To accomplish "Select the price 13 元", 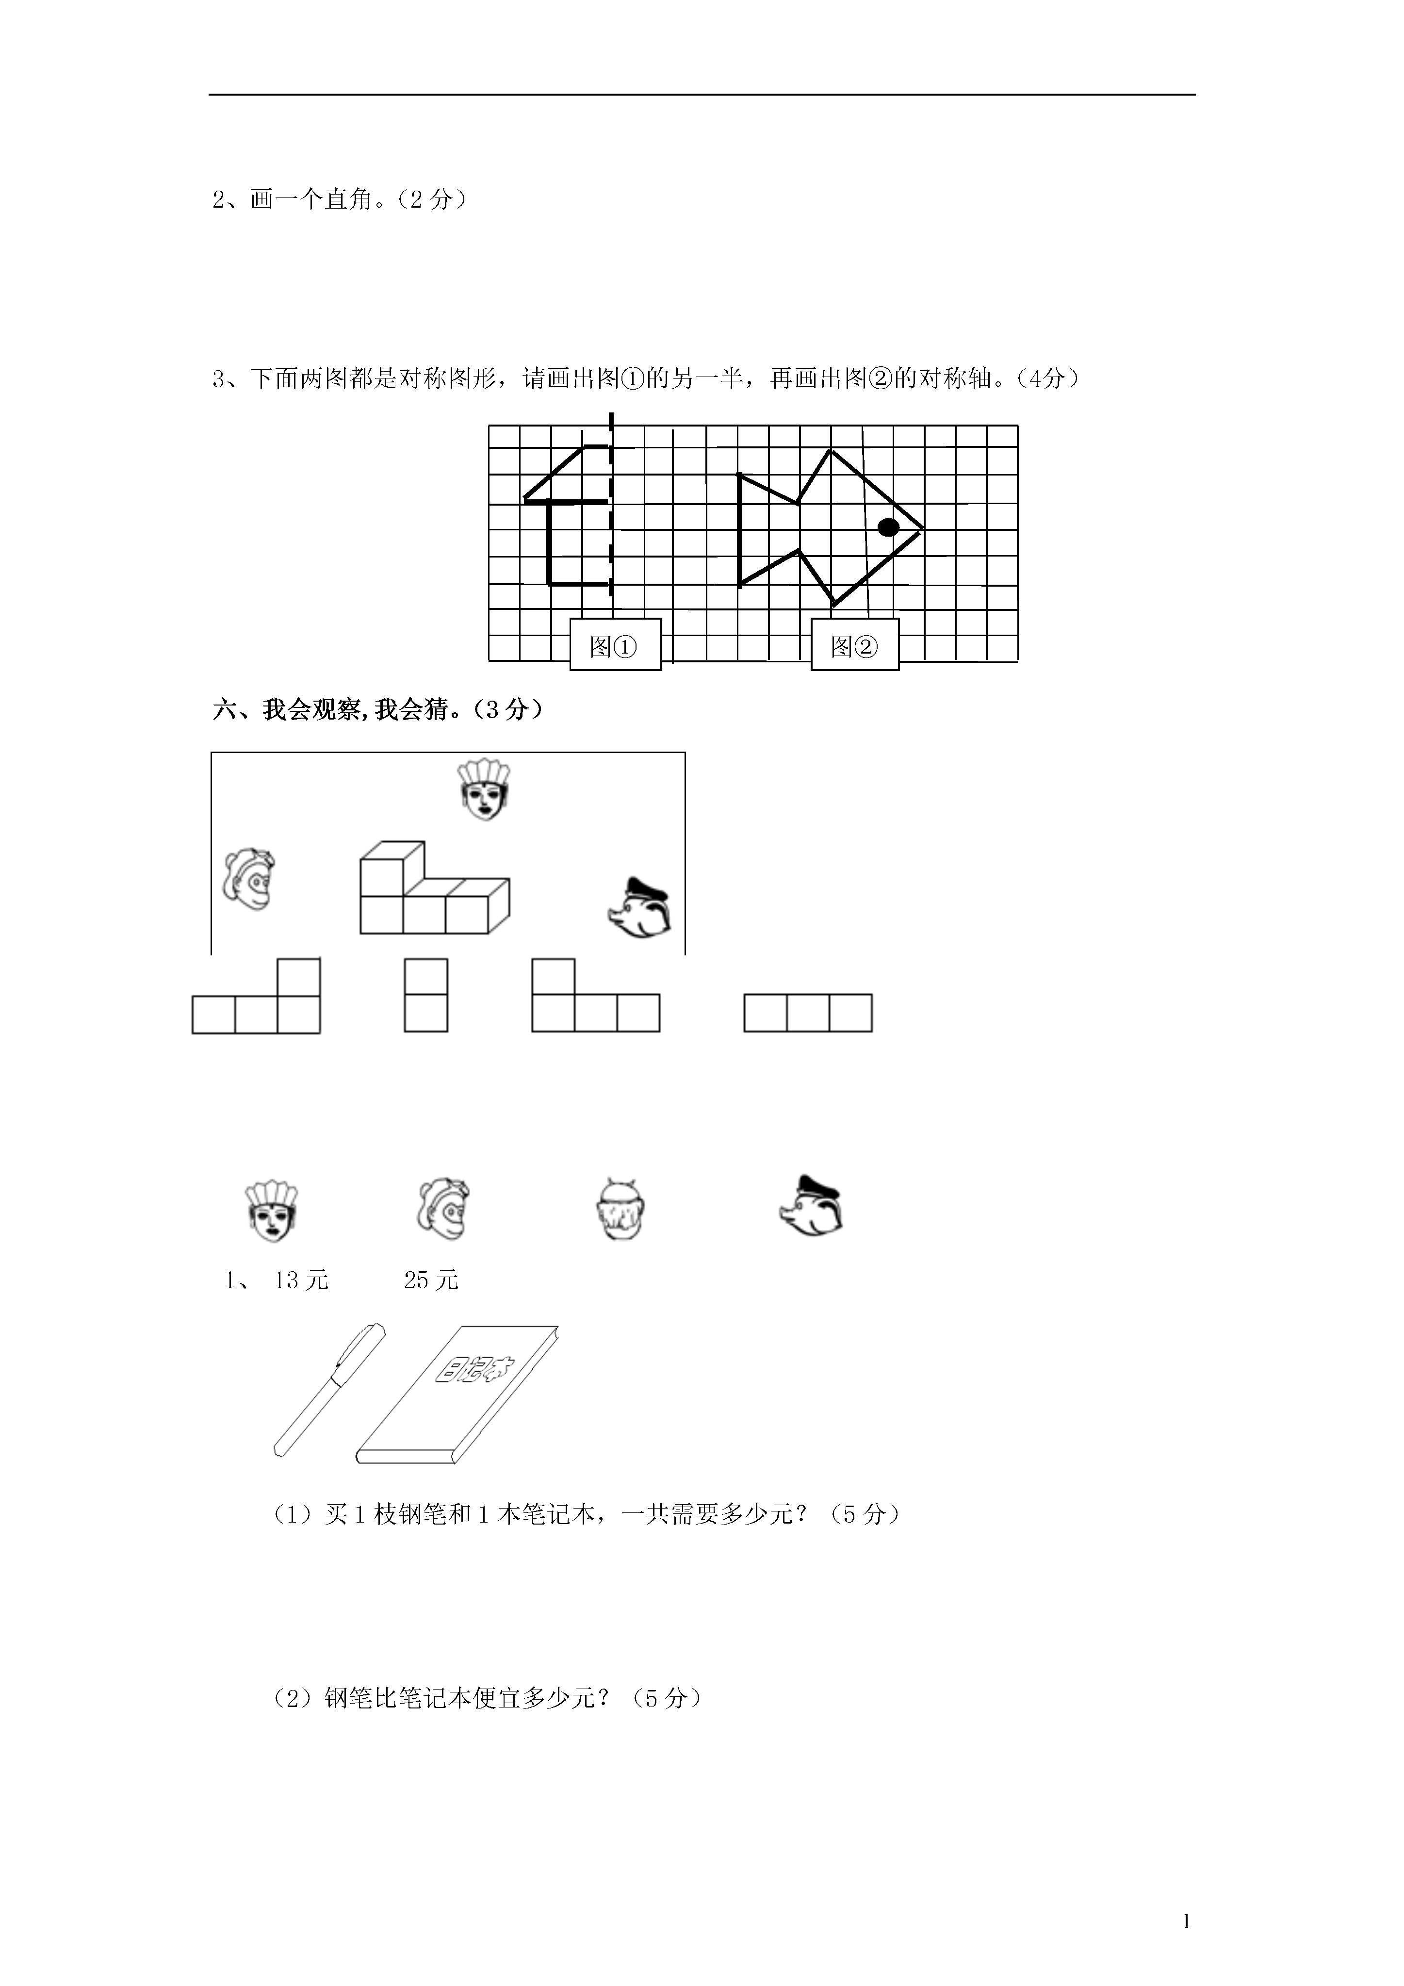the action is click(301, 1280).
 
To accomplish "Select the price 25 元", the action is click(431, 1280).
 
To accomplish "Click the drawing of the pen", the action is click(329, 1389).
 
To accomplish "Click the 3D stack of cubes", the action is click(434, 887).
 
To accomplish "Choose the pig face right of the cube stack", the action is click(640, 908).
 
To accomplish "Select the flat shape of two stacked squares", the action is click(425, 995).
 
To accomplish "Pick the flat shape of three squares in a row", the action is click(808, 1013).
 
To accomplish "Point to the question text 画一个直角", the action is click(311, 200).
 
